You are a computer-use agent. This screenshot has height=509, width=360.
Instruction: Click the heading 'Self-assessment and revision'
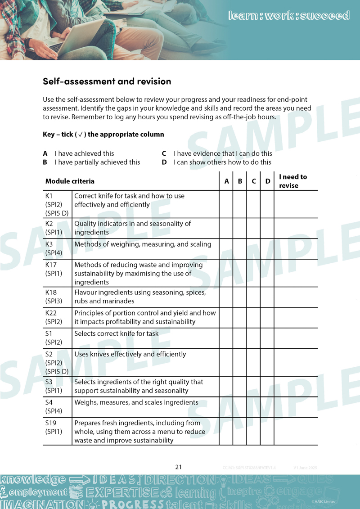107,81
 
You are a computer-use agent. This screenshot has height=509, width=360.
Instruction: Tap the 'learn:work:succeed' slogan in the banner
289,16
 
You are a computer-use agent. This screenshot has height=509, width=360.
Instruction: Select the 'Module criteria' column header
70,181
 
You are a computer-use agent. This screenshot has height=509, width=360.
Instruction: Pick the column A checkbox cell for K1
226,204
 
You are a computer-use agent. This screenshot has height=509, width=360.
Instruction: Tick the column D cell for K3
267,249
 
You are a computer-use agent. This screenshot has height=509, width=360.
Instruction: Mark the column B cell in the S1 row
240,338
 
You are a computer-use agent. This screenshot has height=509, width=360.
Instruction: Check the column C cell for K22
254,317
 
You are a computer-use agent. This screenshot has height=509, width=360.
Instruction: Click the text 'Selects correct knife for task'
116,334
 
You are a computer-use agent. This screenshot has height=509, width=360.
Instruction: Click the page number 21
179,467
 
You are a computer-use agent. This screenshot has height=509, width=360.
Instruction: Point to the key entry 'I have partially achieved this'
97,162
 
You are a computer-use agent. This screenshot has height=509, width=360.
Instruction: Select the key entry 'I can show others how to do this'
222,162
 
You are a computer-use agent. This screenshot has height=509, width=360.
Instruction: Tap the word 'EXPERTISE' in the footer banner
122,492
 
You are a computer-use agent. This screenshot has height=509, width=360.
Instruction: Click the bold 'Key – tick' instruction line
103,135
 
